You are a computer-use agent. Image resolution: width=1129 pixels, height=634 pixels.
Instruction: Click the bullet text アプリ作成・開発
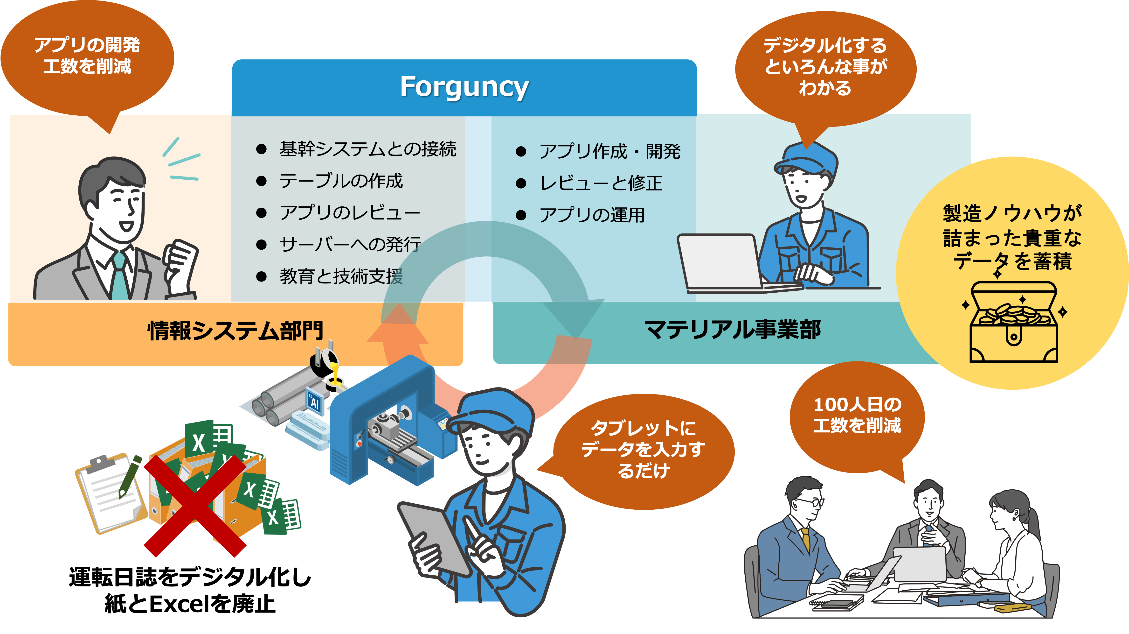point(609,151)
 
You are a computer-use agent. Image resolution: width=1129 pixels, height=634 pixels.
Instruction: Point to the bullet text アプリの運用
point(592,215)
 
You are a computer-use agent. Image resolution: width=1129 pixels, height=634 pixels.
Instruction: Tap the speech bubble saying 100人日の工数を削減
point(857,415)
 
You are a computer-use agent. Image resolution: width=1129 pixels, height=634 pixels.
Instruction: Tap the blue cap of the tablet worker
point(493,410)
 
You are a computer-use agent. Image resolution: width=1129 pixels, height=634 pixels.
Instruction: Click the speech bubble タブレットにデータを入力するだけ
point(643,449)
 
